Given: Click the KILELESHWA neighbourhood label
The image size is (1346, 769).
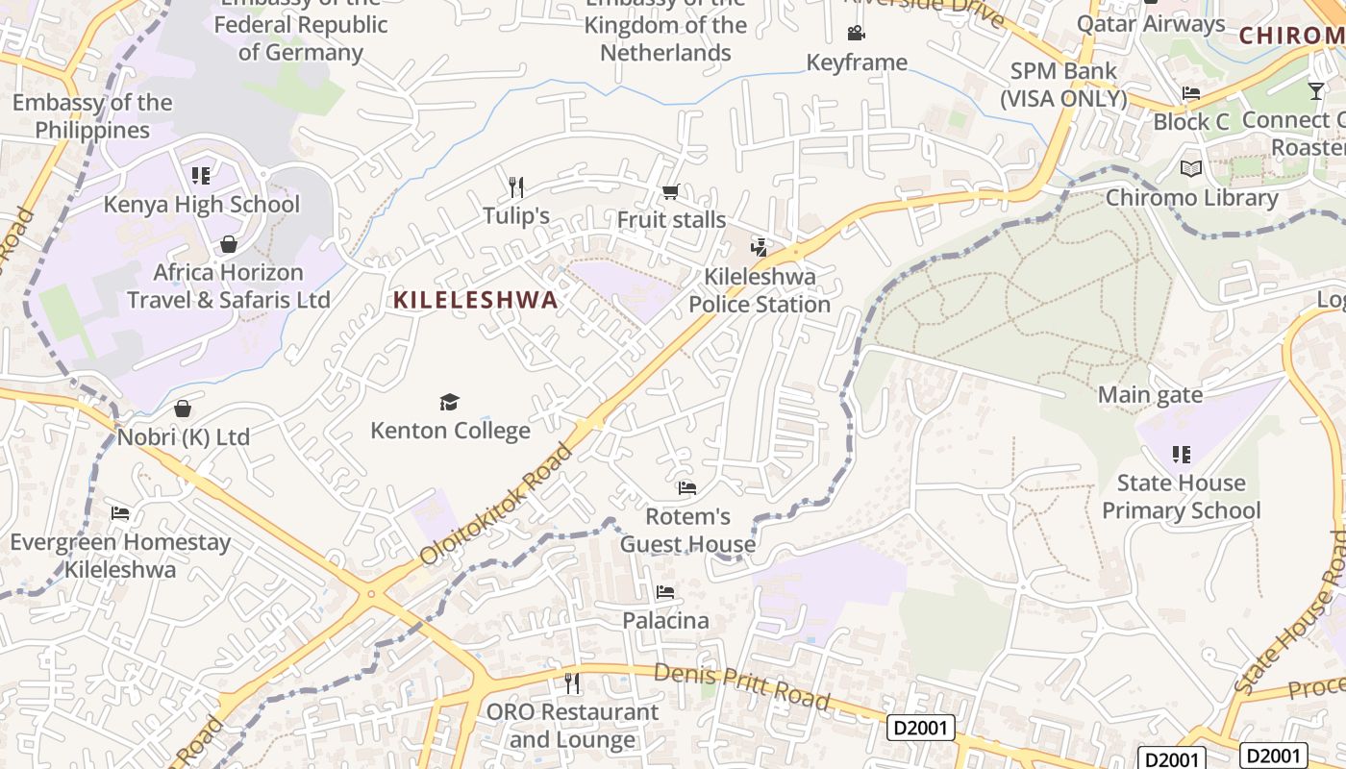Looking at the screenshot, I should tap(475, 300).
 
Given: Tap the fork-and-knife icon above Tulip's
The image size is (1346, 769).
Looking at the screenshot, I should tap(516, 186).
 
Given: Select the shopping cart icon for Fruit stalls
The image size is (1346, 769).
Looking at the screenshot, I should tap(670, 192).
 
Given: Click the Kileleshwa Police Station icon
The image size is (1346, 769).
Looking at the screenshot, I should tap(760, 248).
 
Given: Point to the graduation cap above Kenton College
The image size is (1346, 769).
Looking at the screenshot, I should tap(449, 402).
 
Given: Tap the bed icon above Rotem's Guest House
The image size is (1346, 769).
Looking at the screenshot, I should tap(686, 488).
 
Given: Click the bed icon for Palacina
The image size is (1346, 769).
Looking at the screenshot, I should tap(664, 592).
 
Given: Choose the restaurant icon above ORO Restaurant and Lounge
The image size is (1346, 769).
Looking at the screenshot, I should tap(572, 683).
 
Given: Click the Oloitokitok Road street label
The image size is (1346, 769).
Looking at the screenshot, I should tap(496, 504).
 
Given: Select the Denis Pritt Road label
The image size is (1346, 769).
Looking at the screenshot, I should tap(741, 686).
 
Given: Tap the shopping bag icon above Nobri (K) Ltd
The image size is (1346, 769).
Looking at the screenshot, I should tap(183, 409).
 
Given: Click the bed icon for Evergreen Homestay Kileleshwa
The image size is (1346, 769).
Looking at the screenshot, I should tap(120, 513).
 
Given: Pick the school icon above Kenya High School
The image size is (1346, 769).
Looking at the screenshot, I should tap(201, 176).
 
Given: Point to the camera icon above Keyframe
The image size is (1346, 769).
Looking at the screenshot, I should tap(856, 34).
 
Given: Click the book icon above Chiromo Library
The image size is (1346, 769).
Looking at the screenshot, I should tap(1191, 169).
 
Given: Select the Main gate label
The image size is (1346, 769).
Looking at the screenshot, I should tap(1150, 395).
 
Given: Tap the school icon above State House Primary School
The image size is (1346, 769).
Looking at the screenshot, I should tap(1181, 455).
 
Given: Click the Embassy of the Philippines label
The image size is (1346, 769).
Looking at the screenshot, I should tap(92, 116).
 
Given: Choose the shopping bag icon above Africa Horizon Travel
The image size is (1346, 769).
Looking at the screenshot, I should tap(229, 244).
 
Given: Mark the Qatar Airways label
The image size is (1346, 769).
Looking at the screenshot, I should tap(1151, 24).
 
